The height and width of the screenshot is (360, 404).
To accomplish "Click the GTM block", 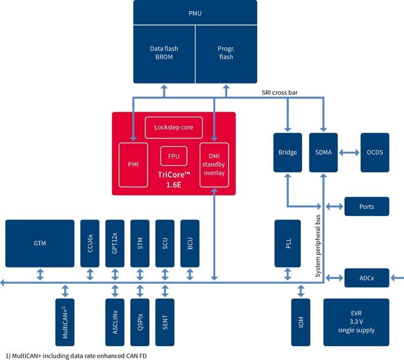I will click(x=40, y=243).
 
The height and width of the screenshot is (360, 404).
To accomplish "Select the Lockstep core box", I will click(x=173, y=127).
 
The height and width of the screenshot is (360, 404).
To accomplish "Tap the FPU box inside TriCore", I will click(x=173, y=156).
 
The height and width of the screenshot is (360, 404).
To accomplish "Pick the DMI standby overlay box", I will click(x=214, y=164).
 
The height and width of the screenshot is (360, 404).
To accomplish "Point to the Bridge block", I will click(x=288, y=152).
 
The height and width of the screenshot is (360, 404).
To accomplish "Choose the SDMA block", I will click(x=324, y=152).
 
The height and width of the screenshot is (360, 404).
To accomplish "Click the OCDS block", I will click(x=375, y=152).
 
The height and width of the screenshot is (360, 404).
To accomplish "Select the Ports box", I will click(x=366, y=206).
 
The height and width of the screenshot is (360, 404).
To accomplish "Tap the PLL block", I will click(x=288, y=243).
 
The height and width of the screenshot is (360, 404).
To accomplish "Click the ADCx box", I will click(x=366, y=278).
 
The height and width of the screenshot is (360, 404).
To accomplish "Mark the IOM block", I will click(x=301, y=322).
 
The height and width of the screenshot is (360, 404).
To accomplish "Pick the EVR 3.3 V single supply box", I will click(x=356, y=322).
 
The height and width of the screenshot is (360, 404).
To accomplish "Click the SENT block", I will click(x=165, y=322).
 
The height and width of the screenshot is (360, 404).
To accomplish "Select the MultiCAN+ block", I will click(x=65, y=322).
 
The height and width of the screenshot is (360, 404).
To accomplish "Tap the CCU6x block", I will click(x=90, y=243).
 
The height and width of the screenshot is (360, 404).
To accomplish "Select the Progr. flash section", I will click(x=226, y=52).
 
